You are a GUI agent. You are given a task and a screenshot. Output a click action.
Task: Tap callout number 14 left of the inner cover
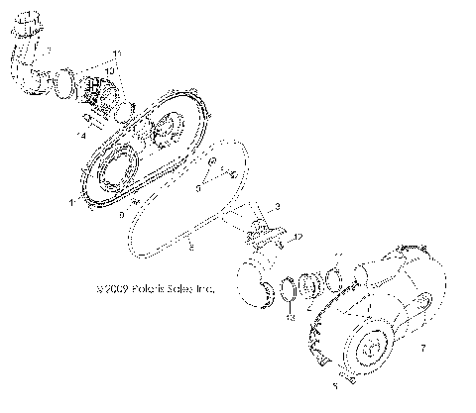[x=81, y=131]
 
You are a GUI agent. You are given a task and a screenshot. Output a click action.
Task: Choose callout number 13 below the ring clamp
[x=289, y=319]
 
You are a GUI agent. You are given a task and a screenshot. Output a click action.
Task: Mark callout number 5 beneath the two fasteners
[x=334, y=387]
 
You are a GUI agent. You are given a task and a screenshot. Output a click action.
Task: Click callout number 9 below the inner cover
[x=121, y=213]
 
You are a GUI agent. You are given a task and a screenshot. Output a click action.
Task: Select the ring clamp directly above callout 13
[x=286, y=290]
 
